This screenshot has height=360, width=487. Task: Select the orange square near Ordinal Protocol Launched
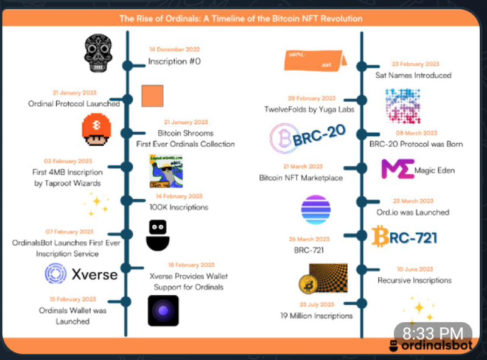tap(152, 96)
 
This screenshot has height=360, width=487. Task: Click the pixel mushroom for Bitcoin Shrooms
tap(96, 130)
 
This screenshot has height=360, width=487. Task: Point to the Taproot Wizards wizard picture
tap(166, 172)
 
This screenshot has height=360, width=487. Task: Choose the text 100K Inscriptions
tap(178, 207)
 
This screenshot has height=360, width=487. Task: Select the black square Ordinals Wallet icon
tap(163, 310)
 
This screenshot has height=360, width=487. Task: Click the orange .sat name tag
tap(315, 59)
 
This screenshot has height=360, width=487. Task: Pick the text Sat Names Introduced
tap(413, 75)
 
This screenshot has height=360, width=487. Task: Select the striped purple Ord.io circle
tap(315, 210)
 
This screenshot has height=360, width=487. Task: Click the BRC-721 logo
tap(405, 237)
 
